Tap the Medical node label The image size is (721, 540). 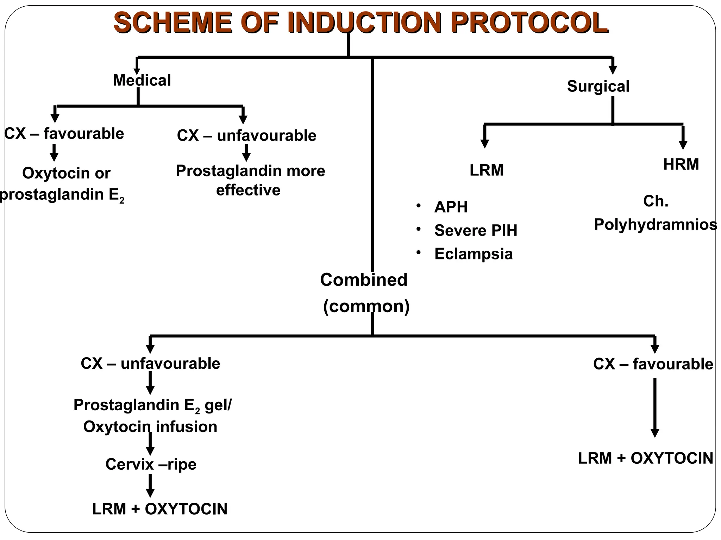[x=142, y=80]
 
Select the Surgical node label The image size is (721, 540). [x=598, y=86]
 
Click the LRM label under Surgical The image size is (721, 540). [x=486, y=170]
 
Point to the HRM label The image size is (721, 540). [x=681, y=164]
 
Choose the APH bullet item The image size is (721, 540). [x=451, y=207]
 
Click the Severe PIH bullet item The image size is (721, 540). [x=475, y=230]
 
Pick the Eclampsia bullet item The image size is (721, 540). [x=473, y=254]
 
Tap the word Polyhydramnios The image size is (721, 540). [x=655, y=224]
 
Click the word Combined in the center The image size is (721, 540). [x=364, y=280]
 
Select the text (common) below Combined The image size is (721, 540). [x=366, y=306]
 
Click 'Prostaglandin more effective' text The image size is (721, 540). [x=250, y=180]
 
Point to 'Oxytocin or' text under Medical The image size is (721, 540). [x=66, y=173]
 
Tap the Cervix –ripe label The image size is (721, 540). [x=151, y=464]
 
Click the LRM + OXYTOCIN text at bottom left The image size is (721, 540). [x=160, y=509]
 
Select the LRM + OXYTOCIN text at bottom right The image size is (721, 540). [x=645, y=458]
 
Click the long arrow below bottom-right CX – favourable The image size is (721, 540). [x=654, y=408]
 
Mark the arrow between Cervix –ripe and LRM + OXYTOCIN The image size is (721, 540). [x=150, y=486]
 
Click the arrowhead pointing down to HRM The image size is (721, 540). [x=683, y=144]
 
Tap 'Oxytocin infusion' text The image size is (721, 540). [x=150, y=426]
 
